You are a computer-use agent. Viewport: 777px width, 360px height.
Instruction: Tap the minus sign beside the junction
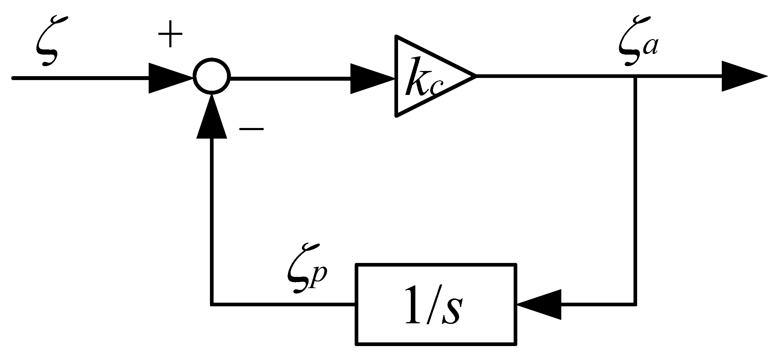(x=252, y=129)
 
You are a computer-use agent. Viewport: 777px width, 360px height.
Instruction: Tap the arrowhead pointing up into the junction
(x=212, y=117)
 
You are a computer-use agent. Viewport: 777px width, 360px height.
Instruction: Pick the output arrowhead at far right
(x=743, y=76)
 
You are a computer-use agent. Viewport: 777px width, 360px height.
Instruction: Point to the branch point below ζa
(x=635, y=77)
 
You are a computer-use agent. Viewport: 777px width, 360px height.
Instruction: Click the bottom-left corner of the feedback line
(x=212, y=304)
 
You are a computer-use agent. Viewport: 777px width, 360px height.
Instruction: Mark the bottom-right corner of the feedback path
(x=635, y=304)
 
